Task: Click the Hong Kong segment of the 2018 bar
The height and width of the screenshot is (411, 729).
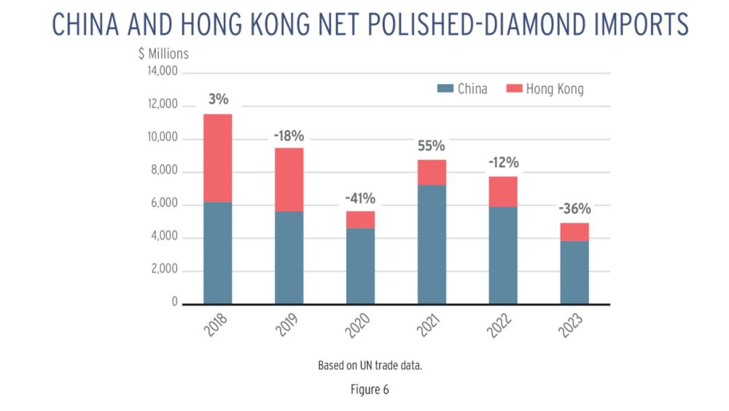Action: point(217,158)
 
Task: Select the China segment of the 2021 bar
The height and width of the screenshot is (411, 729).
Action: point(432,244)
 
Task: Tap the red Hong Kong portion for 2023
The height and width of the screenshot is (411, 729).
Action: point(574,231)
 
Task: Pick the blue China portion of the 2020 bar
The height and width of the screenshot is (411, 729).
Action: point(360,266)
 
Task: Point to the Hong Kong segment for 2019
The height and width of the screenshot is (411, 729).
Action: point(289,180)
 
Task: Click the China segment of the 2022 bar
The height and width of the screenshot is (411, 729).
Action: point(503,255)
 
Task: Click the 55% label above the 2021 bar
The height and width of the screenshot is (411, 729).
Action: point(432,146)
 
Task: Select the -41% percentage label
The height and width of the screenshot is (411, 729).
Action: point(360,198)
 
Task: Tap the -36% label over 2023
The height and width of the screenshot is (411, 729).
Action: point(574,209)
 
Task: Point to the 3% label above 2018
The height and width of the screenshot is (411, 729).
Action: point(217,100)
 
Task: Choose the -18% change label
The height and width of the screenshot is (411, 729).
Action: point(289,135)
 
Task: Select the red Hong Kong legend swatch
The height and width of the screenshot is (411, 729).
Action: point(515,89)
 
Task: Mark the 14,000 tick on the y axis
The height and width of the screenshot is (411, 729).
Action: point(163,72)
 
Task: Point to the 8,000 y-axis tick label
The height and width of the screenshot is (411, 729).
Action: point(165,172)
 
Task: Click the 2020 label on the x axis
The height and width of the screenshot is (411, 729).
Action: point(356,323)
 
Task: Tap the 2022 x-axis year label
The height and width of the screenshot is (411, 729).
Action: point(499,323)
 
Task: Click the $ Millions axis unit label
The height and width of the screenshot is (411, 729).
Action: point(163,53)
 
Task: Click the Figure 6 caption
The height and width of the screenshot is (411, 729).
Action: point(370,389)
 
